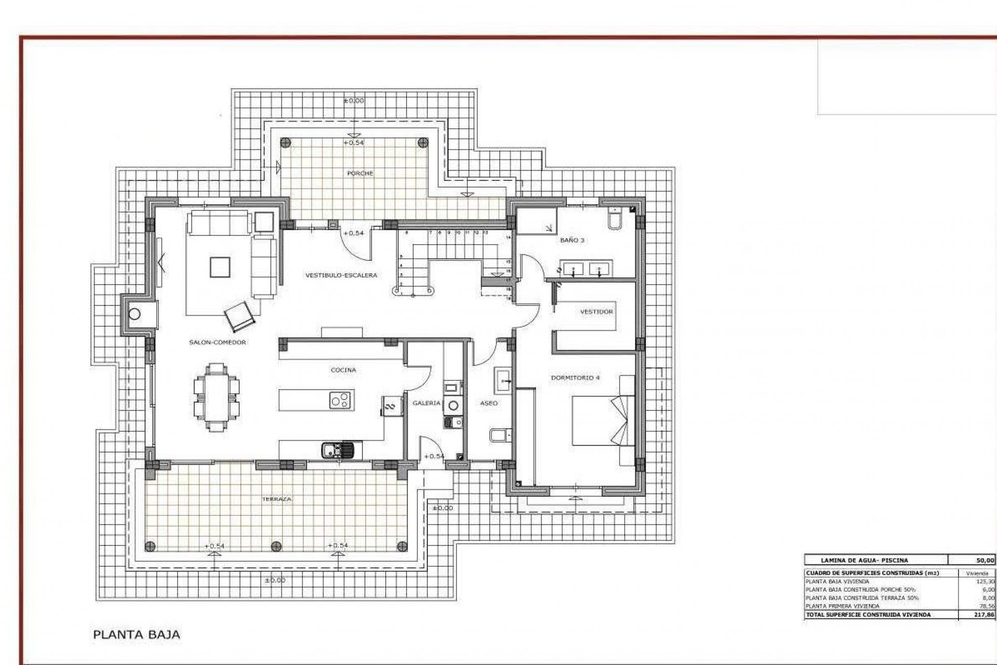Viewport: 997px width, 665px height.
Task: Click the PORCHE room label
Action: (360, 174)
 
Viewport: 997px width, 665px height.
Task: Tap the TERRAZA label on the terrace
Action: (277, 499)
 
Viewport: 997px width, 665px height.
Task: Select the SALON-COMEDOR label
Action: (218, 343)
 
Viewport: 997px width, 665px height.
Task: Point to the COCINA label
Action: (343, 370)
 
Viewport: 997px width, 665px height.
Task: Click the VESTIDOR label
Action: (596, 312)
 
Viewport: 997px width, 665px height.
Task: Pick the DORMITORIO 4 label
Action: (575, 378)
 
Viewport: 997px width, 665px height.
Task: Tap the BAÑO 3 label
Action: (572, 241)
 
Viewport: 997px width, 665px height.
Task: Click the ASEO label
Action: (489, 403)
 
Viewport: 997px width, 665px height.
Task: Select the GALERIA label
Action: (426, 403)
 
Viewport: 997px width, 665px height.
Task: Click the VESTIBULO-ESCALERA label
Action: (341, 275)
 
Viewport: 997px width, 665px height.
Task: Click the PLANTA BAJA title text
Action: (136, 635)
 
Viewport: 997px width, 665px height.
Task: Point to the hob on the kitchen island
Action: (341, 400)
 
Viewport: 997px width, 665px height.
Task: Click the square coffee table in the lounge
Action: (219, 268)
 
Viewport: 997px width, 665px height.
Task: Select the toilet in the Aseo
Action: (498, 435)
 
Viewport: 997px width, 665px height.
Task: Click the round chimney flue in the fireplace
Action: (135, 314)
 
